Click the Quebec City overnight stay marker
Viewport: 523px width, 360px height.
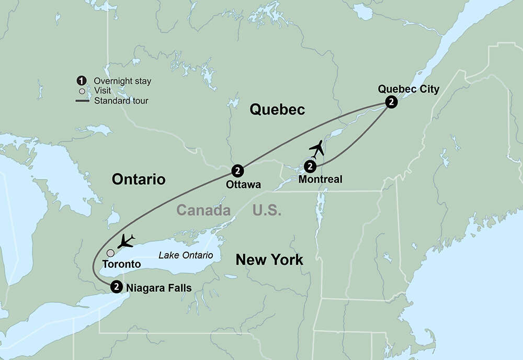coord(390,102)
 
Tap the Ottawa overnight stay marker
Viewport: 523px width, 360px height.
coord(237,171)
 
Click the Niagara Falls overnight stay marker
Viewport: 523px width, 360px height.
coord(117,286)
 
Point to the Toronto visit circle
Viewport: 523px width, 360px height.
coord(110,253)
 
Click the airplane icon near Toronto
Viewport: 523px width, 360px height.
coord(126,241)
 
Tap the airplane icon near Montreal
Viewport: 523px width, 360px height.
coord(316,149)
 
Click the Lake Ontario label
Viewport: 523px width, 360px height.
coord(186,255)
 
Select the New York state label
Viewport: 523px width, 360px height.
coord(269,260)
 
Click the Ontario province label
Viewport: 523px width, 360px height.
coord(139,179)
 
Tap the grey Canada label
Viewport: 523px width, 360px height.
coord(203,210)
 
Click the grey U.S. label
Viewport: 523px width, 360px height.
coord(267,210)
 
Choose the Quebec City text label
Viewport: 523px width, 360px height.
coord(408,89)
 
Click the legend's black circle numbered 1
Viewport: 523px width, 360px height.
coord(81,81)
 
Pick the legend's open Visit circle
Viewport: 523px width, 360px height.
coord(81,91)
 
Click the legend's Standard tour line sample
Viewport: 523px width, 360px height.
coord(81,100)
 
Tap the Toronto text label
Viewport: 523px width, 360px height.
coord(121,264)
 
